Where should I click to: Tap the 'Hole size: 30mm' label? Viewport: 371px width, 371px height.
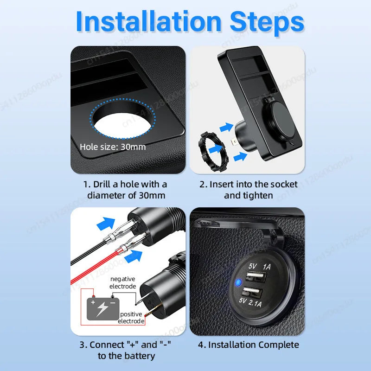tap(113, 147)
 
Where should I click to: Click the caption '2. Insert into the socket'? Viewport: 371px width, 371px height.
tap(248, 184)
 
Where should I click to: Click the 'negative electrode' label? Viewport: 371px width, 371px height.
tap(122, 282)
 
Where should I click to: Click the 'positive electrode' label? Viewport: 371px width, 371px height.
tap(131, 318)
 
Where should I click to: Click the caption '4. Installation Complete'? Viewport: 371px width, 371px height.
tap(249, 345)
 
